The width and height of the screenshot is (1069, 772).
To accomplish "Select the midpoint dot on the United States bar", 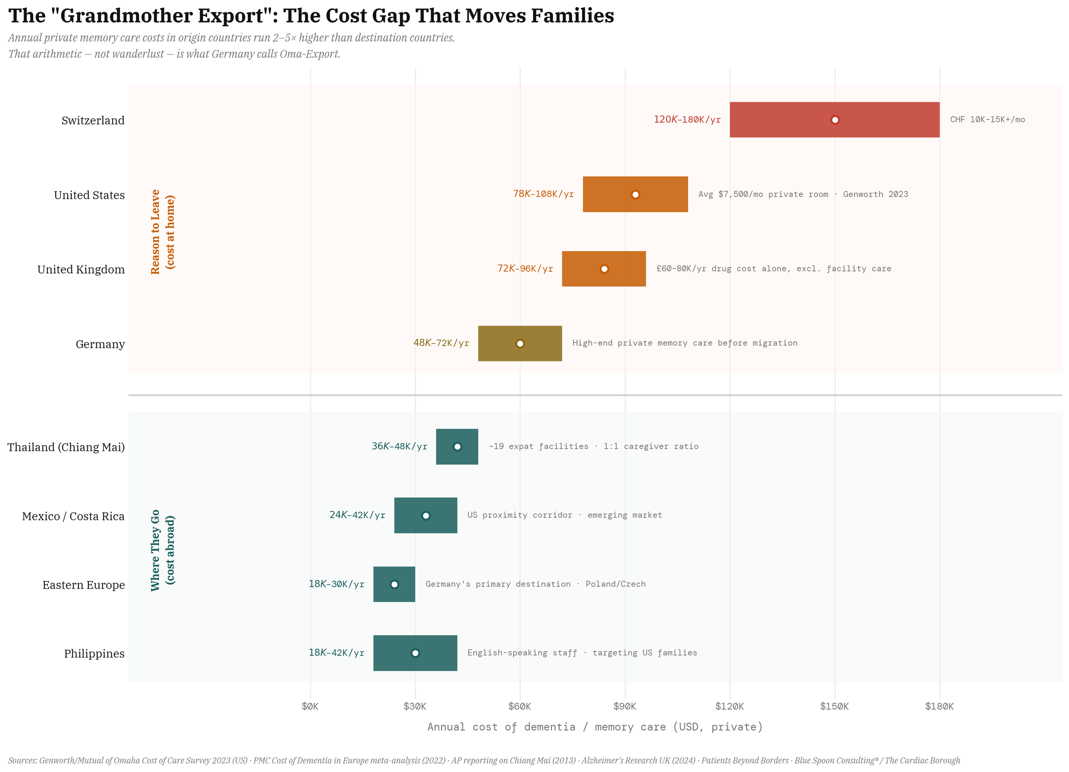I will [x=635, y=195].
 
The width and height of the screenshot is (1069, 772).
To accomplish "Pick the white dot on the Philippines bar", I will [x=415, y=654].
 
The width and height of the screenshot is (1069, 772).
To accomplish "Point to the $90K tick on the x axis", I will [x=625, y=707].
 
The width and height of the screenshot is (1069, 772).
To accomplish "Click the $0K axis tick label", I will [x=310, y=707].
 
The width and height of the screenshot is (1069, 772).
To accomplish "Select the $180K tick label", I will [x=939, y=707].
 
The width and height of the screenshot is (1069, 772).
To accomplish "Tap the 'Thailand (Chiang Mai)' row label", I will [x=66, y=447].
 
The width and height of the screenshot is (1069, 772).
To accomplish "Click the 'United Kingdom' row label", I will [x=81, y=270].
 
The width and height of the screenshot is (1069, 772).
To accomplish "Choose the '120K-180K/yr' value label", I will [x=687, y=120].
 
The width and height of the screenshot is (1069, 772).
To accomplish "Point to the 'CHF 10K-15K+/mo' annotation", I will [x=987, y=120].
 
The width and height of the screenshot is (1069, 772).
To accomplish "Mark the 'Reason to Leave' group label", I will [x=156, y=232].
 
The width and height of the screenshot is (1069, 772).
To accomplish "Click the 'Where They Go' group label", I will [x=156, y=550].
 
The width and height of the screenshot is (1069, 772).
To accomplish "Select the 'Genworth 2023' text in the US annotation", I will [x=875, y=194].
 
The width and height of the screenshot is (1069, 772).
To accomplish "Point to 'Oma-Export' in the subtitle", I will [x=309, y=54].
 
